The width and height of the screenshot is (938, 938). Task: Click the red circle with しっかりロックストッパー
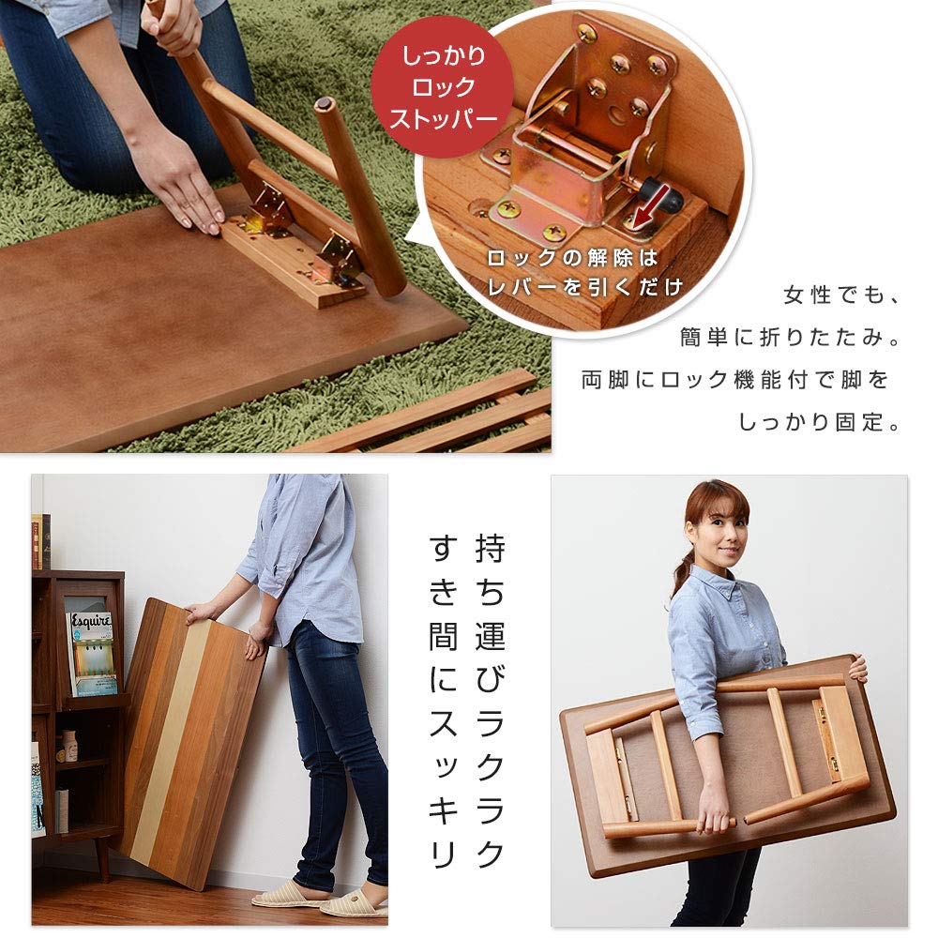442,87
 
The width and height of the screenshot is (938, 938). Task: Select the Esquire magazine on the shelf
92,653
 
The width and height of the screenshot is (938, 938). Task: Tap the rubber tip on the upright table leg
325,104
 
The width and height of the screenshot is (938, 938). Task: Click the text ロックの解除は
572,259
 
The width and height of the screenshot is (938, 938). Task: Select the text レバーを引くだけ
584,288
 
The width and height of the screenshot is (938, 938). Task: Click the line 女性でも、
841,295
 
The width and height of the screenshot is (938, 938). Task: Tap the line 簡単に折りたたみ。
790,338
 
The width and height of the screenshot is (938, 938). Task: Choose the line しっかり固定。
820,422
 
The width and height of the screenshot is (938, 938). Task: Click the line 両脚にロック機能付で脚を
735,380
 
